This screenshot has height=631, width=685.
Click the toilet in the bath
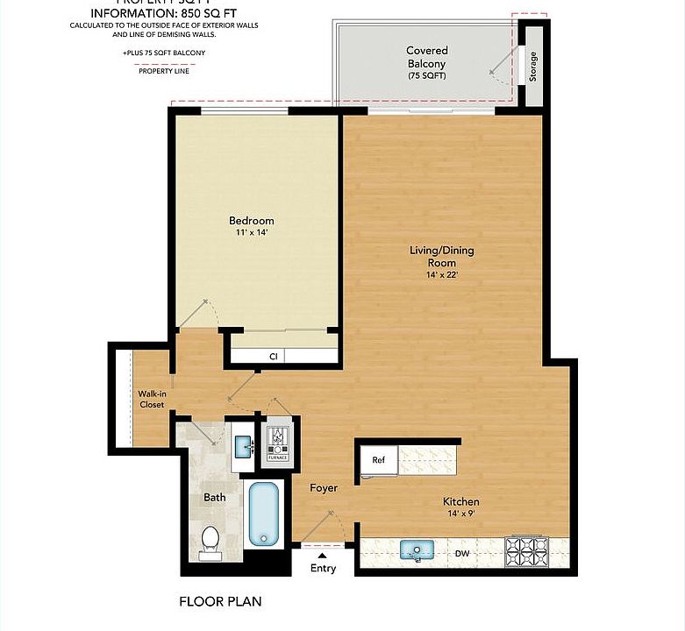pos(210,538)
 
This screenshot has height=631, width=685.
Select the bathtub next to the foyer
pos(262,513)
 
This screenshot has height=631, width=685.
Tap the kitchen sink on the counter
pos(418,550)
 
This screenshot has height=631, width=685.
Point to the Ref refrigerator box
pos(378,459)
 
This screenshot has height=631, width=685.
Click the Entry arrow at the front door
pos(322,555)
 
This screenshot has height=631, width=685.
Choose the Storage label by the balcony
pos(532,67)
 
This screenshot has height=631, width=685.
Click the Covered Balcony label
pos(426,63)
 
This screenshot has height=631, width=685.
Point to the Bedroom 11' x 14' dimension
pos(251,232)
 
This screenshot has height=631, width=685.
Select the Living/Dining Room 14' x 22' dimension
pos(441,274)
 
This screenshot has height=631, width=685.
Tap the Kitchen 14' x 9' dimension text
pos(463,514)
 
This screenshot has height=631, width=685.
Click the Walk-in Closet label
pos(152,399)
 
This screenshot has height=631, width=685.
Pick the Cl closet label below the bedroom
pos(274,357)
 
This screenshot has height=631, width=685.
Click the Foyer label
pos(324,487)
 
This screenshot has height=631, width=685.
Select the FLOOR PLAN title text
pos(220,602)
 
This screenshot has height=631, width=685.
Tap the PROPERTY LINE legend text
pos(163,71)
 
